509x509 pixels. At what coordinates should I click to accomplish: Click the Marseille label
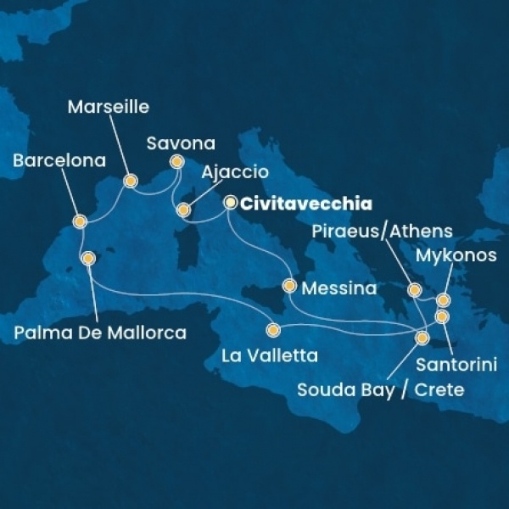[108, 107]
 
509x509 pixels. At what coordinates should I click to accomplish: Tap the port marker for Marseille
[131, 181]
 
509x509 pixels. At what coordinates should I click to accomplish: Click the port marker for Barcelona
[80, 222]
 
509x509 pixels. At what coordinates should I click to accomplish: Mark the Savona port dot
[176, 161]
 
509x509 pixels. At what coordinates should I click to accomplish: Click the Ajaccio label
[235, 172]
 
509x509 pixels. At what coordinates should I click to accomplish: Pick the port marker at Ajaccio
[182, 209]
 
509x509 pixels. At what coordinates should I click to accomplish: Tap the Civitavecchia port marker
[230, 203]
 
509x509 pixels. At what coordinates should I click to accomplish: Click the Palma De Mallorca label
[100, 333]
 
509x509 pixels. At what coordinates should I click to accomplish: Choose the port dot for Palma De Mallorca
[87, 258]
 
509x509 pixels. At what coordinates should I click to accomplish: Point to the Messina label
[343, 288]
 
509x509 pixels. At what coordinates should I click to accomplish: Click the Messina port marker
[290, 286]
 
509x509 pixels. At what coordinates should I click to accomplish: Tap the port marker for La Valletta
[273, 330]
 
